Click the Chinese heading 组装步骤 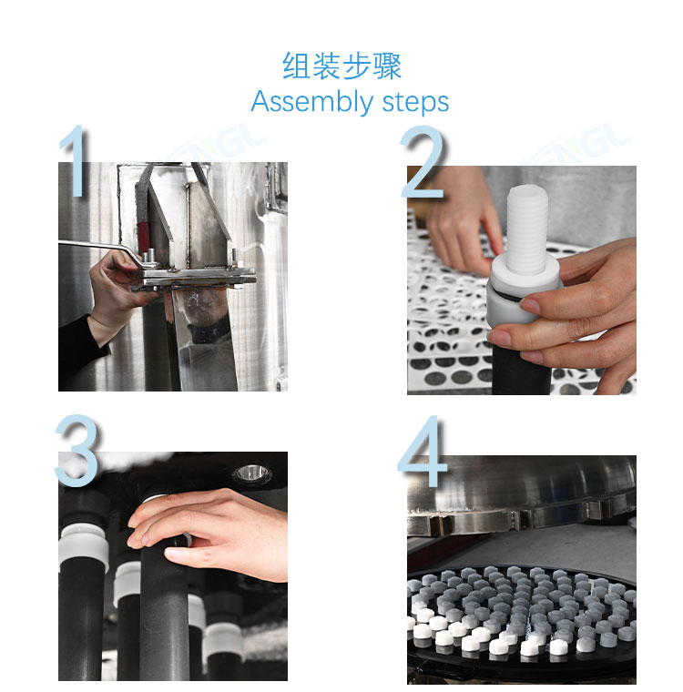click(341, 66)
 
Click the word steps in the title click(415, 103)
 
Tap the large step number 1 click(75, 160)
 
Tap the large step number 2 click(423, 161)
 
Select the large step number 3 click(76, 450)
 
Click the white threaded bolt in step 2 click(527, 229)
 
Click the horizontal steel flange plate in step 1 click(194, 277)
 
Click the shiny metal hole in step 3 click(251, 473)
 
